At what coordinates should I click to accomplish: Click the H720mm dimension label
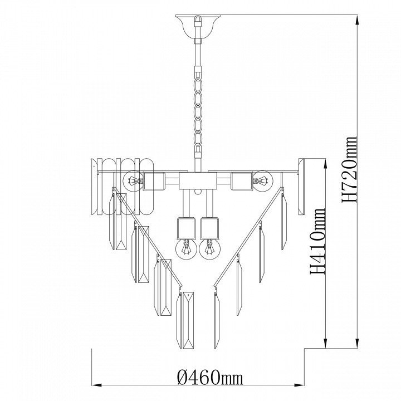(349, 170)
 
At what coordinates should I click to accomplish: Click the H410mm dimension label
(317, 241)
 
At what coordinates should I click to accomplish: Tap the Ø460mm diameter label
(210, 376)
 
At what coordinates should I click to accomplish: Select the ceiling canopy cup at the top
(198, 27)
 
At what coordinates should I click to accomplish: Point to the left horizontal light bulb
(133, 182)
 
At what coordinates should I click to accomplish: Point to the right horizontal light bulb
(263, 181)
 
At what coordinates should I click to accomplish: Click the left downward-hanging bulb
(186, 250)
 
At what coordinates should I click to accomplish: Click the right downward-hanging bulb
(210, 250)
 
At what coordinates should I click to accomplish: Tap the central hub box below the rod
(198, 181)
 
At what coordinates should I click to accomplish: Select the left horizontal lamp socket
(153, 181)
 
